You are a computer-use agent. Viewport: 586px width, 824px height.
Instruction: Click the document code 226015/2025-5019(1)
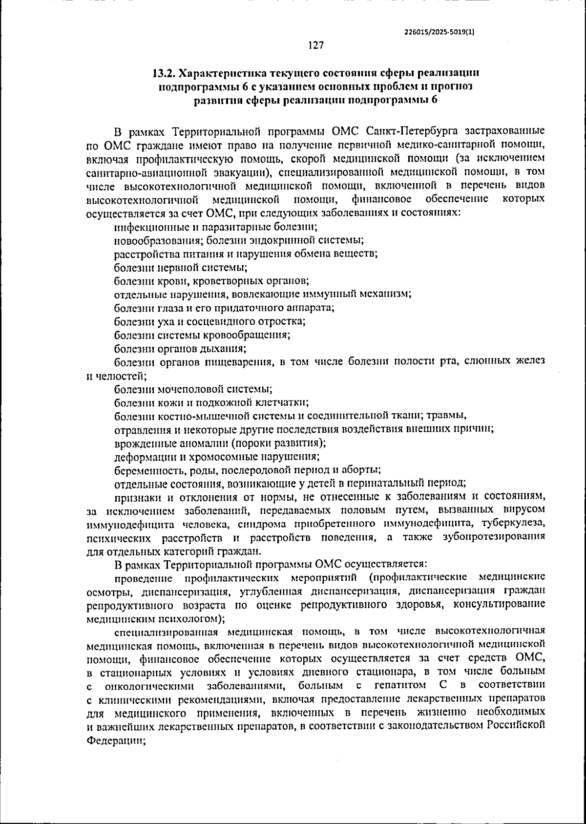pos(439,31)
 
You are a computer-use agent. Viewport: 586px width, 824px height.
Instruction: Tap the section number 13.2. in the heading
pos(164,74)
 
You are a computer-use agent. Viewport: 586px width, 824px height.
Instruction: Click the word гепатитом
pos(399,684)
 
